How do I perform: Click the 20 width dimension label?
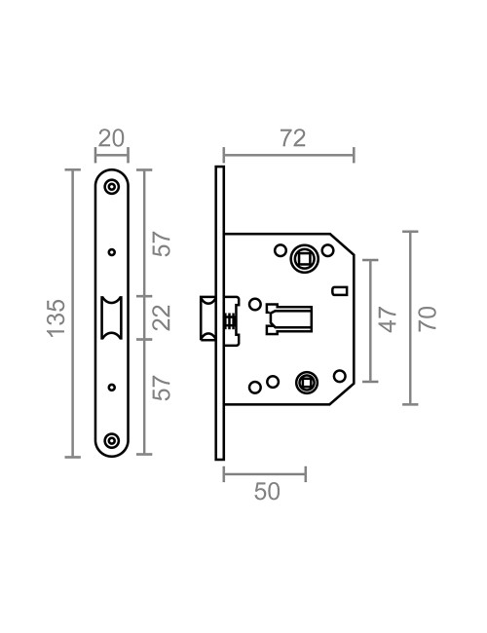[112, 137]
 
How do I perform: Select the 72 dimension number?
[292, 137]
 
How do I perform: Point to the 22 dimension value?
[163, 317]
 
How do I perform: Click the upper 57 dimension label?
[163, 243]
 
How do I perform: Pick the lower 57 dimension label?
[163, 388]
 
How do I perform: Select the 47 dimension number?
[388, 318]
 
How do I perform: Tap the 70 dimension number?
[427, 318]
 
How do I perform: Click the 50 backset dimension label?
[266, 492]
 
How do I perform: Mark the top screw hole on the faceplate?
[112, 188]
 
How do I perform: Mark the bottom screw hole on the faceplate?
[112, 440]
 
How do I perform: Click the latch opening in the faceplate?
[112, 317]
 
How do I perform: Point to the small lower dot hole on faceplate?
[112, 387]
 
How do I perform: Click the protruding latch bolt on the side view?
[207, 318]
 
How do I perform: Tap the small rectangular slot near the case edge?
[339, 290]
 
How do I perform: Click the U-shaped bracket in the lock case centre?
[288, 318]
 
